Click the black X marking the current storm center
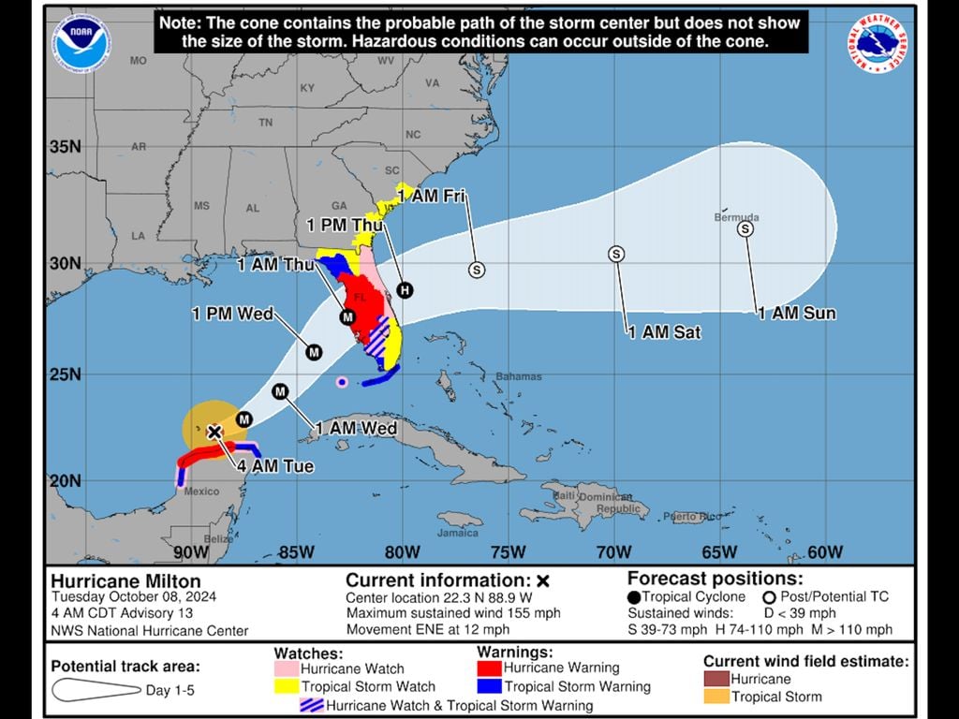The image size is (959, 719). pos(214,432)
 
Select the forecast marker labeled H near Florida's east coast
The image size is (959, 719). pos(405,290)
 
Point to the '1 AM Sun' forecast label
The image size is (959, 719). pos(797,314)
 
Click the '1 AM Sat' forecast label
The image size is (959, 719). pos(664,331)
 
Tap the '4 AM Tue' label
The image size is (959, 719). pos(274,466)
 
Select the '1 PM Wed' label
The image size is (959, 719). pos(232,314)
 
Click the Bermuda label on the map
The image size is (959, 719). pos(737,217)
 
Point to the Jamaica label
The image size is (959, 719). pos(457,533)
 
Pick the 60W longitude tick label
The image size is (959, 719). pos(825,551)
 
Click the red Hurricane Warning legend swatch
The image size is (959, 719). pos(489,668)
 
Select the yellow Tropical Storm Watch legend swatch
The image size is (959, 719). pos(286,687)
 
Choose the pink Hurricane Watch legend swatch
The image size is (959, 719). pos(286,669)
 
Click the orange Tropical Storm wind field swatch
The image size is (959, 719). pos(716,697)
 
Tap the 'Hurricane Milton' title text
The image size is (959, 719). pos(125,581)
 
